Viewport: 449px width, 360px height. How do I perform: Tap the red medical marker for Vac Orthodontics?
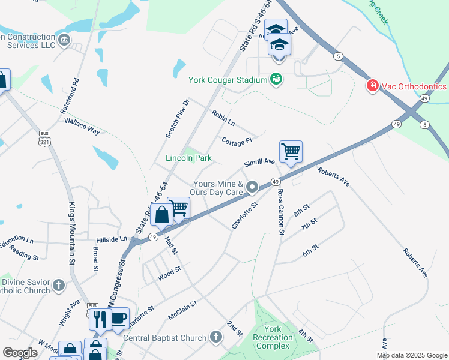[x=373, y=86]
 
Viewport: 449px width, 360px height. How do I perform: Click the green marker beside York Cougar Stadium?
[x=276, y=79]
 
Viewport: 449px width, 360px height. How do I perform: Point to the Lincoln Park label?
[x=188, y=158]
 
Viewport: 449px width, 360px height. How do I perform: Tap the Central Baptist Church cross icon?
[x=217, y=338]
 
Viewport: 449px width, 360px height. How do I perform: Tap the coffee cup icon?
[x=118, y=317]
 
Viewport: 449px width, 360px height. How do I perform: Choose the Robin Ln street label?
[x=223, y=118]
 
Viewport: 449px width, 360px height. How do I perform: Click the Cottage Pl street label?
[x=236, y=141]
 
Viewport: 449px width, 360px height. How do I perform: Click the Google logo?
[x=20, y=353]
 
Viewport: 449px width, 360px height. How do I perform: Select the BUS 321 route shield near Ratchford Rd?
[x=44, y=137]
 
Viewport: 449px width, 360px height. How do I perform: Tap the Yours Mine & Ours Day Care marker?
[x=252, y=188]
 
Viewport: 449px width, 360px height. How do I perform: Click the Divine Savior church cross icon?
[x=58, y=285]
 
